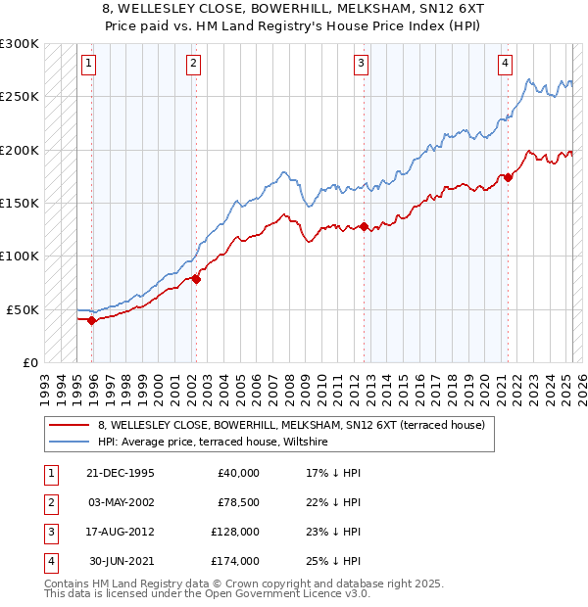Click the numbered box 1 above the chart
(x=88, y=65)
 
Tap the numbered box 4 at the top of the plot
(x=505, y=65)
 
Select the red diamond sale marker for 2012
(x=364, y=227)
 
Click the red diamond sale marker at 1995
(x=92, y=320)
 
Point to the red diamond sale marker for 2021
(x=509, y=178)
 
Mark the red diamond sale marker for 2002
(x=196, y=279)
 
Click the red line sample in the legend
(x=70, y=425)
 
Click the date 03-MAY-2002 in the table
(x=121, y=501)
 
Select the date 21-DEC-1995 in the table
(x=121, y=473)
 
